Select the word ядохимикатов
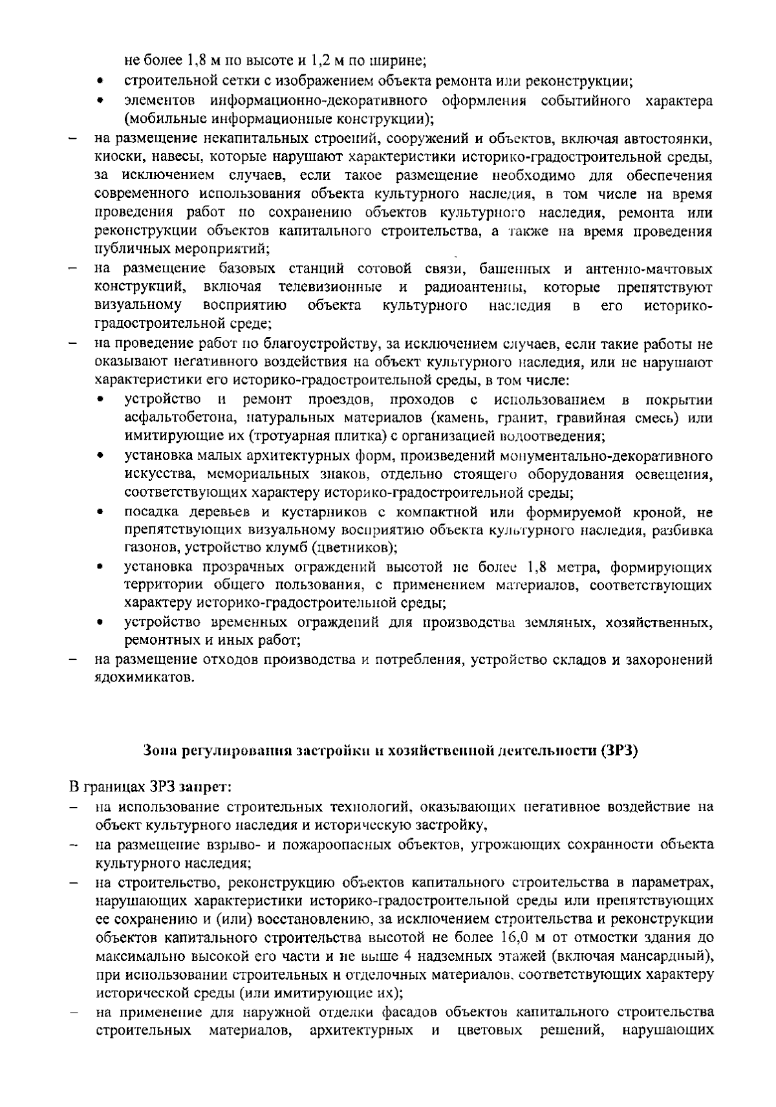pyautogui.click(x=144, y=678)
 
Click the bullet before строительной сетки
pyautogui.click(x=100, y=82)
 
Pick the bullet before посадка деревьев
pyautogui.click(x=100, y=513)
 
